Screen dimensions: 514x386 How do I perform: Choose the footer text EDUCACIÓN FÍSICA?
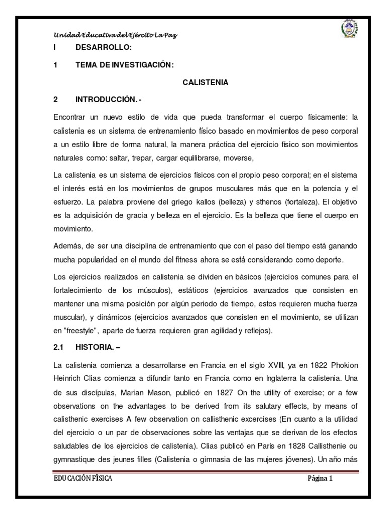(x=83, y=479)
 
